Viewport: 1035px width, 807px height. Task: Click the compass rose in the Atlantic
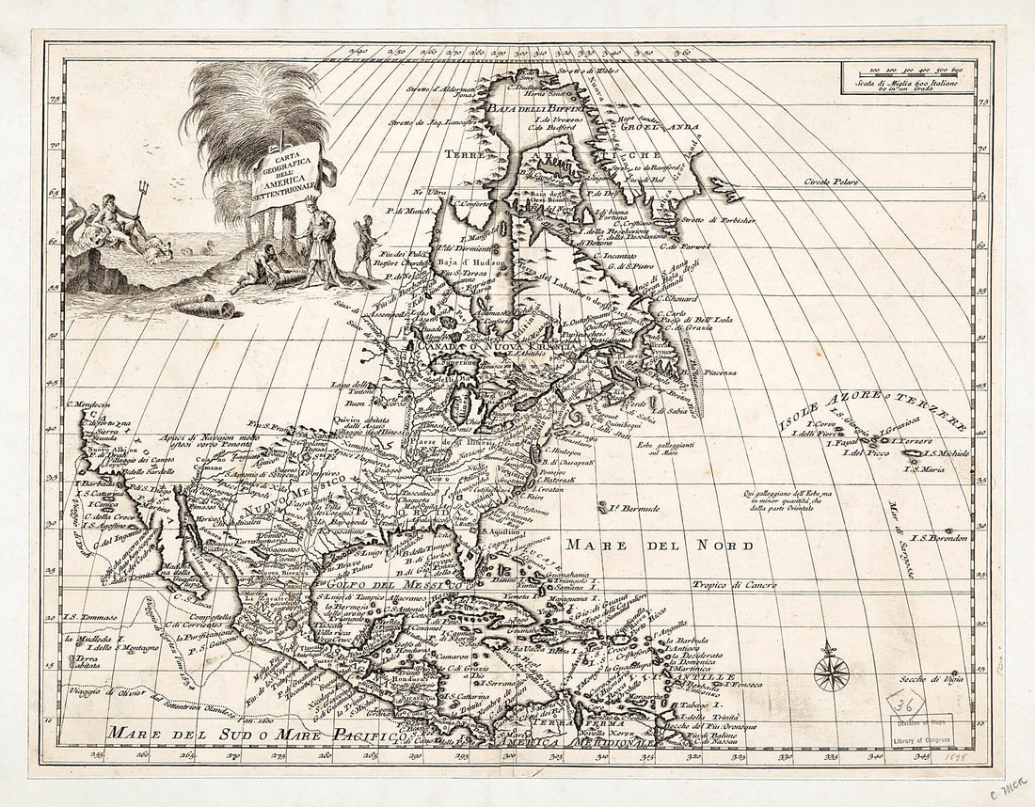(831, 672)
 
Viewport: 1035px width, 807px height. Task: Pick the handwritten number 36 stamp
(907, 702)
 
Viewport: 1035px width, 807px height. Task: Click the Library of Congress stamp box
(921, 729)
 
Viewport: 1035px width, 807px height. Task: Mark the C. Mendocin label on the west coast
(88, 405)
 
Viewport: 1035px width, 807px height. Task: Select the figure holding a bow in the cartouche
(363, 245)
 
